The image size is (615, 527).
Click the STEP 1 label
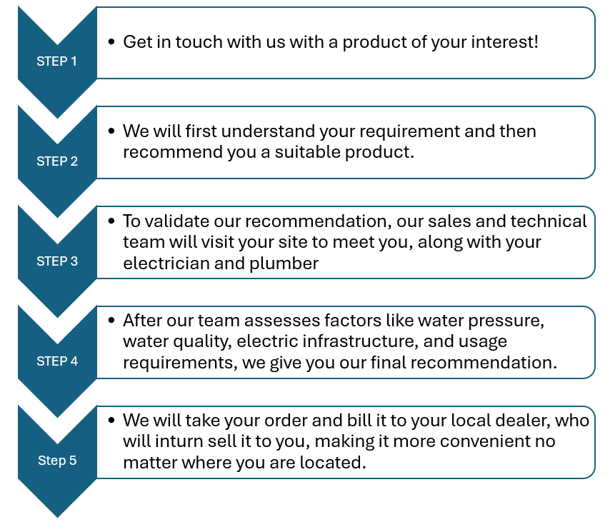[57, 61]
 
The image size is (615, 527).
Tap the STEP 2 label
[57, 161]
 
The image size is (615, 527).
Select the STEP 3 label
[57, 261]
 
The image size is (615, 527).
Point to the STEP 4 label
[57, 361]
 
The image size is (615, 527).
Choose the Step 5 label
[57, 461]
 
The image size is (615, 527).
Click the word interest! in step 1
[505, 42]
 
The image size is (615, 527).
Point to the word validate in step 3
[177, 221]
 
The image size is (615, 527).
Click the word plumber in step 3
[284, 263]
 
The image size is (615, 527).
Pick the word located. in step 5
[333, 462]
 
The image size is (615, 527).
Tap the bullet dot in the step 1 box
[111, 41]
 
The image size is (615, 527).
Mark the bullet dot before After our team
[111, 321]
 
